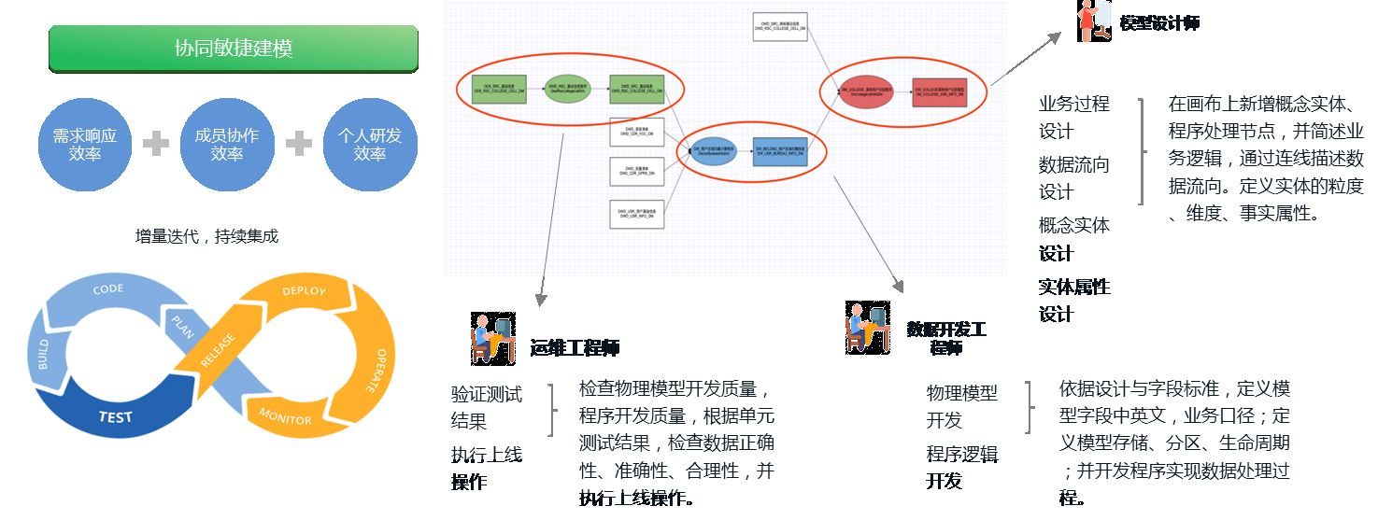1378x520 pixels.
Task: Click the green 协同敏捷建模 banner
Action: click(x=233, y=49)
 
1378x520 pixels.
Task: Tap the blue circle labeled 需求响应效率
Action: click(x=85, y=144)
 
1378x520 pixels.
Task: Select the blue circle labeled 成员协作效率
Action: click(x=226, y=144)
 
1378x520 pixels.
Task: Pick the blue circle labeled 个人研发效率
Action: click(x=369, y=144)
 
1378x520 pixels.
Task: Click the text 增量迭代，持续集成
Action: click(x=206, y=236)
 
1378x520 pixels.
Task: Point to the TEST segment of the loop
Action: click(x=116, y=416)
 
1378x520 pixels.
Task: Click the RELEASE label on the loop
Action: click(x=217, y=352)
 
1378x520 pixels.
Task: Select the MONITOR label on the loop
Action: click(x=285, y=416)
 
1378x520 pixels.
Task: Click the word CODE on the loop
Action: click(x=108, y=289)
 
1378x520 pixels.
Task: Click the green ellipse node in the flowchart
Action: click(x=568, y=90)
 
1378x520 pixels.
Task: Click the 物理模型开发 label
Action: click(x=961, y=406)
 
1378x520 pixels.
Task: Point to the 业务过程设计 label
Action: click(x=1073, y=118)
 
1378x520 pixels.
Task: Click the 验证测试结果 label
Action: click(x=486, y=407)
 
